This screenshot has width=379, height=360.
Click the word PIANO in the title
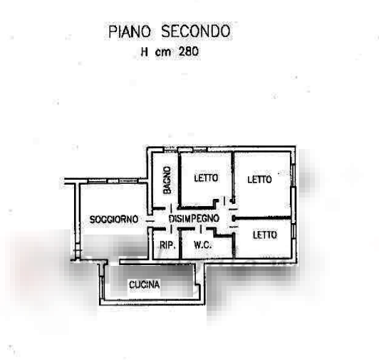[130, 31]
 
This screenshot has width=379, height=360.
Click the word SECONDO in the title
[196, 31]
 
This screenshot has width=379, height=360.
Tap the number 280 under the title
[189, 51]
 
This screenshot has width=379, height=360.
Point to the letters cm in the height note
[162, 52]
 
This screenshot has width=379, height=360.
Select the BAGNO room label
[167, 180]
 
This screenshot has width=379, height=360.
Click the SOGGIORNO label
[113, 220]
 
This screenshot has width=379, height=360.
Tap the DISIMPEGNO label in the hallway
[194, 218]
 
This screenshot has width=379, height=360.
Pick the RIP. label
[167, 245]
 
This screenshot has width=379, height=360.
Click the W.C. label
[202, 245]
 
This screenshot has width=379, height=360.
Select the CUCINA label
[145, 284]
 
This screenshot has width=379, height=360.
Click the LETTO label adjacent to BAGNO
[206, 178]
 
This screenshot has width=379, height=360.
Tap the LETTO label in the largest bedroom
[259, 179]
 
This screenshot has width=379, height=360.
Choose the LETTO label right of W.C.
[265, 235]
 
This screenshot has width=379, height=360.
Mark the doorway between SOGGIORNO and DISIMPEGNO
[150, 221]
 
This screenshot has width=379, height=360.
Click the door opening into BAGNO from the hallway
[171, 208]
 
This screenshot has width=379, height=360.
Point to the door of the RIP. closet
[171, 229]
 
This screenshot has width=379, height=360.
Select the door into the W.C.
[201, 229]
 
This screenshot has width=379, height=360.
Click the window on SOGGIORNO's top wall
[113, 181]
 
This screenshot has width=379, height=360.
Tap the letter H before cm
[145, 52]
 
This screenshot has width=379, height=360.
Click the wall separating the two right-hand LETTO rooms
[261, 218]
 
